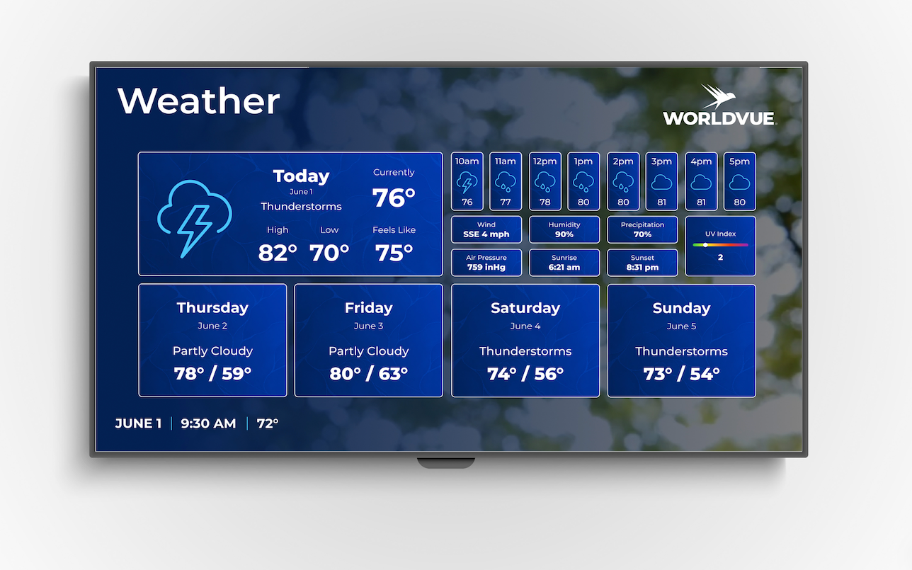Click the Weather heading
click(199, 101)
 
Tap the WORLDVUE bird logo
click(719, 97)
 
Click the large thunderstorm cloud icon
click(194, 218)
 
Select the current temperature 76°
click(394, 198)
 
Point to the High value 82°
click(278, 252)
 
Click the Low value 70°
click(329, 252)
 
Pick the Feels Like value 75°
click(394, 252)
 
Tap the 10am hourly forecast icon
click(467, 182)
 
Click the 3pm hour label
click(661, 161)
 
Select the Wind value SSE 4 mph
click(486, 234)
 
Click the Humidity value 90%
click(564, 234)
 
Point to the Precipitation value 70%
click(642, 234)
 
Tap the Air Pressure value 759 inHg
click(486, 268)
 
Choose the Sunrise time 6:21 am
click(564, 268)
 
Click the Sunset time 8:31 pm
click(642, 268)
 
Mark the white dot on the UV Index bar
click(705, 245)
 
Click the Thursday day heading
click(212, 308)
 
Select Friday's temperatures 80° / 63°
click(368, 374)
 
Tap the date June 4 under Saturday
click(525, 326)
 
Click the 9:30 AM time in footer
click(208, 424)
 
